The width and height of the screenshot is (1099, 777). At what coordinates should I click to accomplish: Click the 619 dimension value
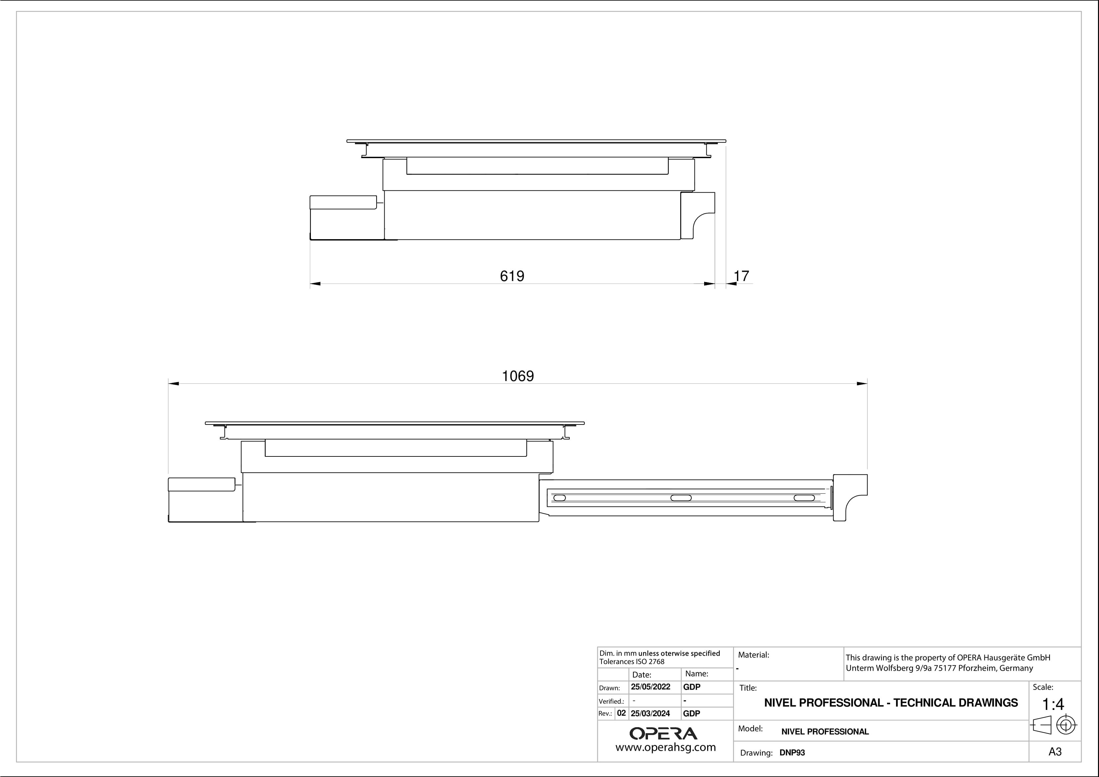(x=512, y=276)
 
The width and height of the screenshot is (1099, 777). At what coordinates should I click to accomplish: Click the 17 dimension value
(x=741, y=276)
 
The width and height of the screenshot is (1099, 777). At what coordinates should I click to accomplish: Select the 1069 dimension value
(x=517, y=376)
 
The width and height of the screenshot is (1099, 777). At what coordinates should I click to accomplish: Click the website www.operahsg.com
(x=665, y=747)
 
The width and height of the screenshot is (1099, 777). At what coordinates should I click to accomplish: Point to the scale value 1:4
(x=1053, y=704)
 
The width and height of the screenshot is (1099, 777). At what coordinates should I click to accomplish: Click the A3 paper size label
(x=1054, y=752)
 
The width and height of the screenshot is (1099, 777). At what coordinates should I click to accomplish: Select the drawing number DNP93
(x=792, y=753)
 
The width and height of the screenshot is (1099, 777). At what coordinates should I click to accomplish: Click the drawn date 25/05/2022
(x=651, y=687)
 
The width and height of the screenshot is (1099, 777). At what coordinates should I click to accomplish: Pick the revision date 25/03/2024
(x=651, y=713)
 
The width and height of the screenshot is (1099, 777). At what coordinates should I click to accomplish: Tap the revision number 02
(x=621, y=713)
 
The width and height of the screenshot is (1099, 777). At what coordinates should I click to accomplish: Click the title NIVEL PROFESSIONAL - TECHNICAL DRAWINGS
(x=891, y=703)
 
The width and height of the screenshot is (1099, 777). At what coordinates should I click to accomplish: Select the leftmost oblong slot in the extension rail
(x=560, y=498)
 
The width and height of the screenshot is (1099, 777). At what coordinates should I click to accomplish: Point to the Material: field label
(x=753, y=655)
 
